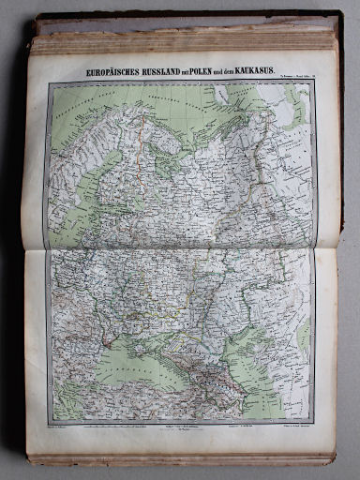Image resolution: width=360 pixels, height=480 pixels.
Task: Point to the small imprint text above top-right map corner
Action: pos(291,79)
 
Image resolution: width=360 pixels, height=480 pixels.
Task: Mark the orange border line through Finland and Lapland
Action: pos(141,141)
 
